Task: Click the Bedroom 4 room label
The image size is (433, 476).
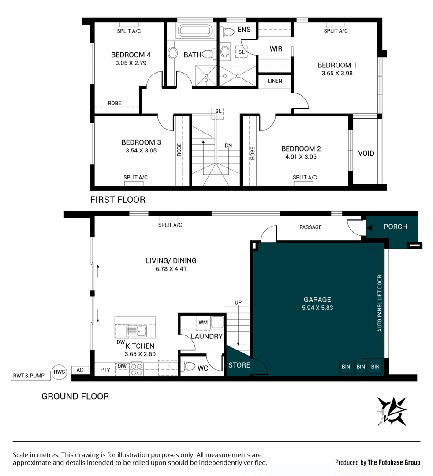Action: [x=131, y=55]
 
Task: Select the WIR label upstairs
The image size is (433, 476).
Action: [x=276, y=49]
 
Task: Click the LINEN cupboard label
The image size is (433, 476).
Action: [x=275, y=81]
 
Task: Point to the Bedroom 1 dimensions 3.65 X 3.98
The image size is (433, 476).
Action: [x=337, y=74]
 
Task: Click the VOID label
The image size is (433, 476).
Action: [x=366, y=153]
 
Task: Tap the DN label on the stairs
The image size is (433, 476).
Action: [x=228, y=145]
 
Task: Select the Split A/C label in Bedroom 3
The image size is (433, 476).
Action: [x=135, y=178]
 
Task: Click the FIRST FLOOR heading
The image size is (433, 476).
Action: [x=118, y=200]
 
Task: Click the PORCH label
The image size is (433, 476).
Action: [x=395, y=227]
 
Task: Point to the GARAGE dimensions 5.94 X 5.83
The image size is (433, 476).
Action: [x=317, y=308]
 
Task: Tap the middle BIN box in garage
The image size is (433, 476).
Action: [x=361, y=367]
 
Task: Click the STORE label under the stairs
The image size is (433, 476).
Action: [x=239, y=365]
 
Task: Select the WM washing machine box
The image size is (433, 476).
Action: [x=203, y=323]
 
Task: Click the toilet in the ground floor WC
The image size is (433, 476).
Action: [x=190, y=366]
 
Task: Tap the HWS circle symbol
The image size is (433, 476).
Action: [x=59, y=372]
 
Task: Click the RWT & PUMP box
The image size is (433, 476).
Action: [x=29, y=376]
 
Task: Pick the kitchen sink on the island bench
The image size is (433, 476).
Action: [x=142, y=331]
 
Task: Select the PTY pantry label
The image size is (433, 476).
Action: [x=105, y=370]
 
